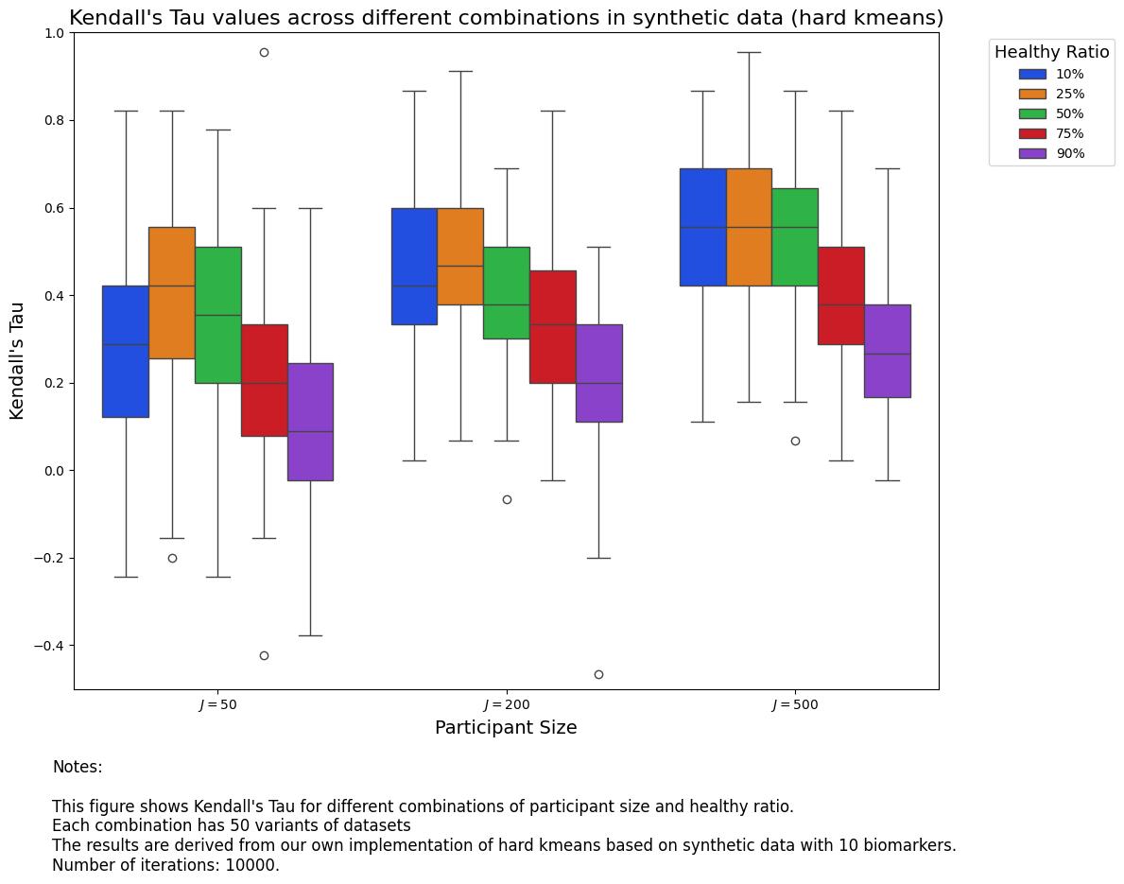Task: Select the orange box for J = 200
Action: [x=460, y=256]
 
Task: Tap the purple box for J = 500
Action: [x=887, y=351]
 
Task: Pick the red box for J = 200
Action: [x=553, y=326]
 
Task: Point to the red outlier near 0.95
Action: [x=264, y=52]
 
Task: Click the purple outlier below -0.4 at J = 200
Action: [x=598, y=674]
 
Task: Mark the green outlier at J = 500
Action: [x=795, y=441]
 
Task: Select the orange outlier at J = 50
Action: [x=172, y=558]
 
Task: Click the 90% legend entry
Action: [x=1069, y=153]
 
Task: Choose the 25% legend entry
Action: [x=1069, y=94]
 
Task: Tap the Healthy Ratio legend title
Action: [x=1051, y=52]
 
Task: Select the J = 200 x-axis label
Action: [x=507, y=705]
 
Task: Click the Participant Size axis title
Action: [x=506, y=728]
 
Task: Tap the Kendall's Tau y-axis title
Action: [x=17, y=360]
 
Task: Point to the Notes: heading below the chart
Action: [x=78, y=767]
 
